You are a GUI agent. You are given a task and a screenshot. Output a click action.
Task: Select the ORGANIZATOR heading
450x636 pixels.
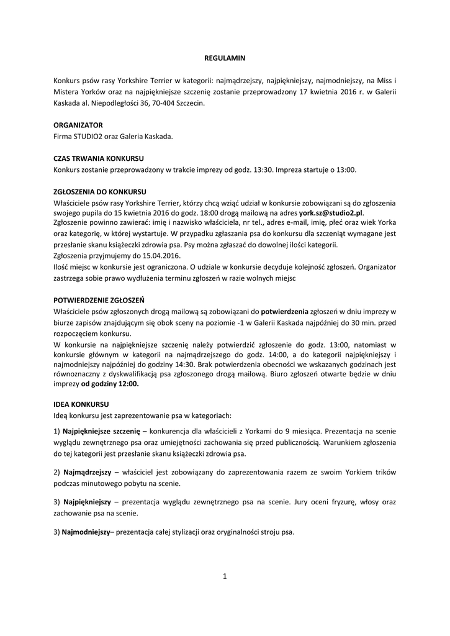(x=78, y=124)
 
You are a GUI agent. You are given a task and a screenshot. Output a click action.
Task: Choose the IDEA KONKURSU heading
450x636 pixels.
(x=81, y=403)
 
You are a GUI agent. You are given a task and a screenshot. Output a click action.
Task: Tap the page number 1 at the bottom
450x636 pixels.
(x=225, y=576)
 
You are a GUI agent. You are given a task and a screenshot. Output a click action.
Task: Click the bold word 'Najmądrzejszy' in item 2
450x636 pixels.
(x=86, y=473)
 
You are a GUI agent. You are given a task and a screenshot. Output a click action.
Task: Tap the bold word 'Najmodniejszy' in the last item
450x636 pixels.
(x=86, y=532)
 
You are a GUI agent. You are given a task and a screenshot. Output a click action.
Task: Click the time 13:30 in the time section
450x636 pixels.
(x=262, y=169)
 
